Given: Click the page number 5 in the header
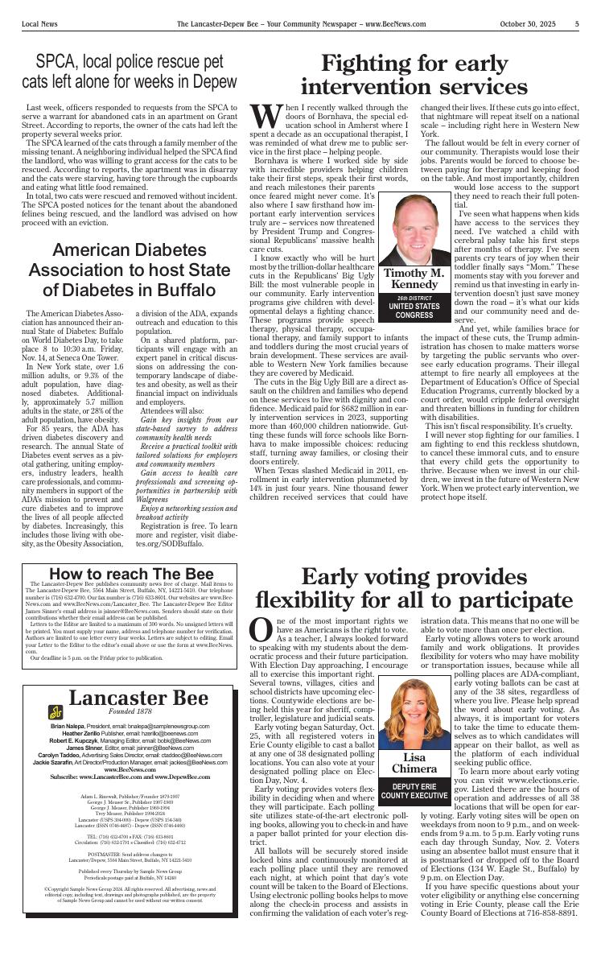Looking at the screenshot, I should click(x=577, y=24).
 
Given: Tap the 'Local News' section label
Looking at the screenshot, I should click(x=40, y=24).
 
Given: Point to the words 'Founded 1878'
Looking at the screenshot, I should click(x=137, y=711).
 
